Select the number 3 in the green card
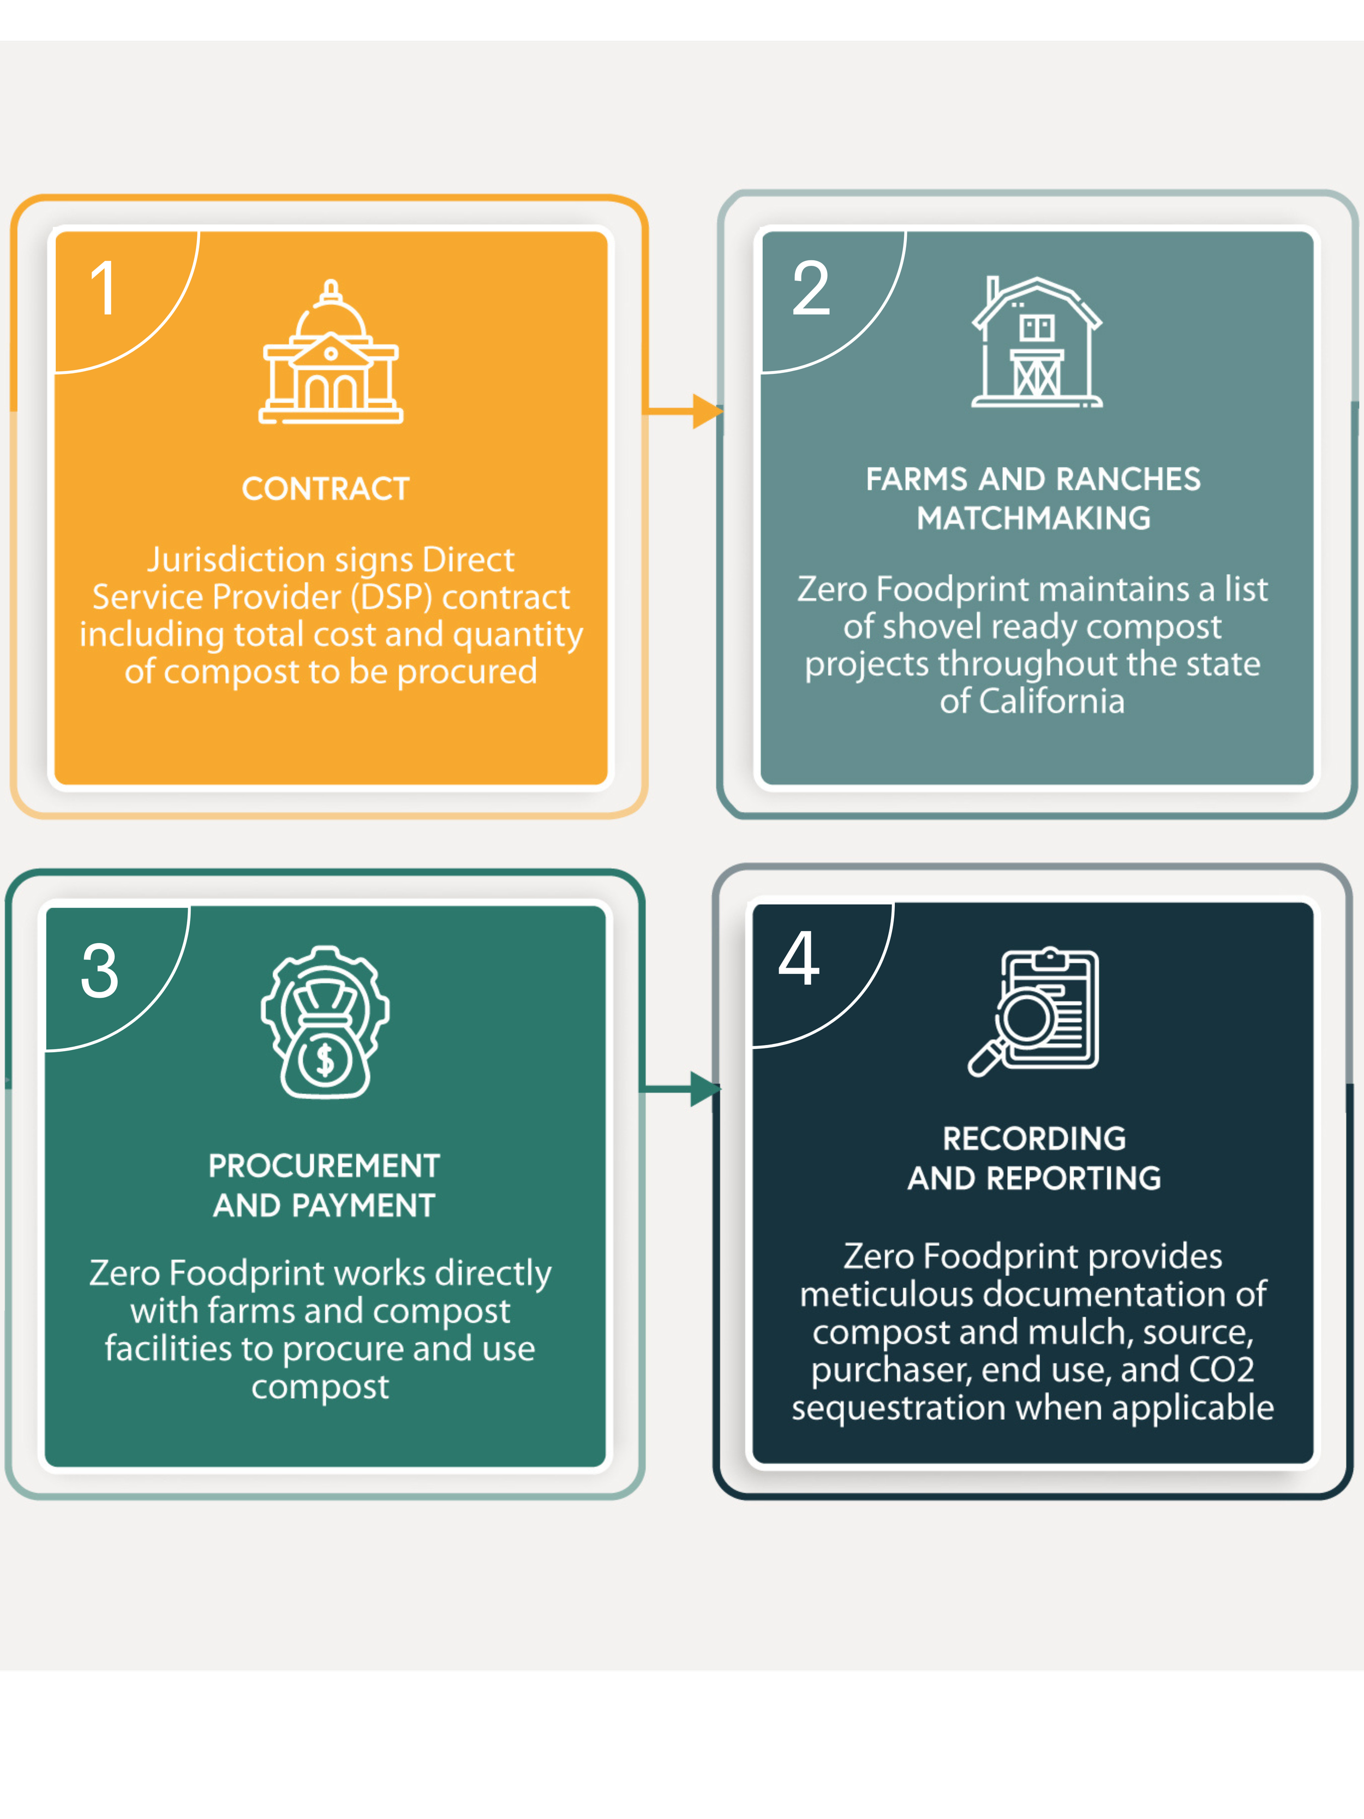coord(99,970)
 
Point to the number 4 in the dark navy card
coord(798,959)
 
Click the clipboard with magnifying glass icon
coord(1035,1011)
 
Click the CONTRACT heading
coord(326,490)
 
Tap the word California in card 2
coord(1051,701)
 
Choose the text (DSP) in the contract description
coord(391,598)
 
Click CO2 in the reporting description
coord(1221,1370)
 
